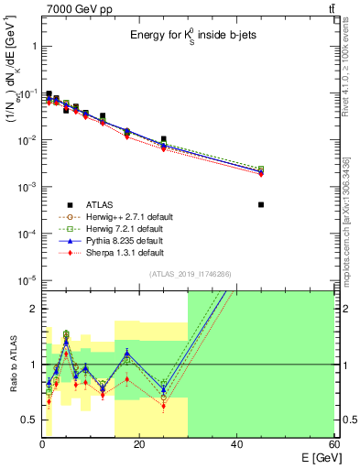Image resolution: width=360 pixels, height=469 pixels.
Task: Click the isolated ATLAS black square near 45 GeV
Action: [261, 205]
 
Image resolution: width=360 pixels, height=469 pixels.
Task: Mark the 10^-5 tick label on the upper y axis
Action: [26, 281]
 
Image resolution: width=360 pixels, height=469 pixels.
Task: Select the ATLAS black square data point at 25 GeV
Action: [164, 139]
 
